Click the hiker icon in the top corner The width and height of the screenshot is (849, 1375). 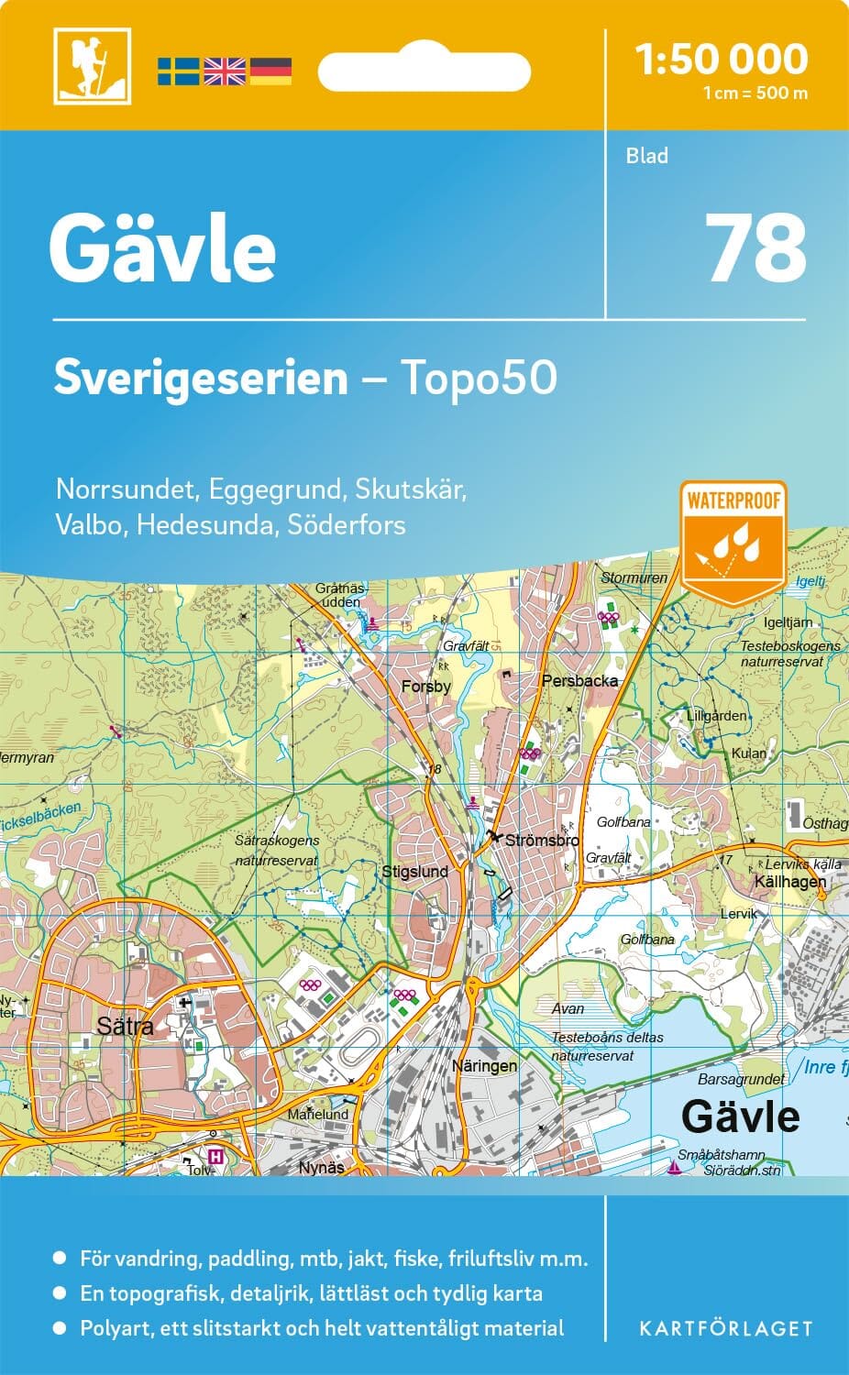click(x=92, y=66)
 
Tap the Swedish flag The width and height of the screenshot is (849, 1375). click(x=178, y=71)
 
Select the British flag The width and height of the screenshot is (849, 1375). click(x=225, y=71)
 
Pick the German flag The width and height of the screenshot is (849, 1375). click(x=270, y=71)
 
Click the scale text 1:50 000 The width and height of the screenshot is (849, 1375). click(x=722, y=59)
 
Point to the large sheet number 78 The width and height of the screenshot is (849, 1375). click(x=756, y=247)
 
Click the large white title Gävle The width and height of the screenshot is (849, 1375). click(x=163, y=249)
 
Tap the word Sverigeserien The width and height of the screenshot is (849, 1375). click(x=201, y=378)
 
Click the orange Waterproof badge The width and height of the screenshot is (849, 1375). click(x=733, y=541)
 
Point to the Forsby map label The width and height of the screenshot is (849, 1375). click(x=426, y=686)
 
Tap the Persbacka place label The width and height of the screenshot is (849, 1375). click(x=579, y=681)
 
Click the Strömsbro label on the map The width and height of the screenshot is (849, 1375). click(x=542, y=840)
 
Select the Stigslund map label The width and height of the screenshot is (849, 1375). click(x=414, y=871)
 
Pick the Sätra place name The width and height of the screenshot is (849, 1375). click(x=125, y=1025)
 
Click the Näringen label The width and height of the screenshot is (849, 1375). click(x=484, y=1066)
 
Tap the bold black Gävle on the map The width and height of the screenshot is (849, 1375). click(x=741, y=1116)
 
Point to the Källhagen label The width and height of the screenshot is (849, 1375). click(x=789, y=881)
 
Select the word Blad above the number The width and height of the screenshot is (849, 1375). click(x=647, y=156)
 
